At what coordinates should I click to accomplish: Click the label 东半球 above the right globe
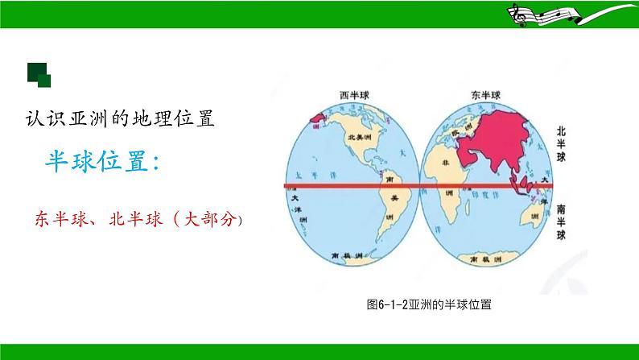tap(484, 96)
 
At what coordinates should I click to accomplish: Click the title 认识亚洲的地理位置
tap(117, 118)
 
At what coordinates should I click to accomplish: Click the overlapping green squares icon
tap(39, 74)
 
